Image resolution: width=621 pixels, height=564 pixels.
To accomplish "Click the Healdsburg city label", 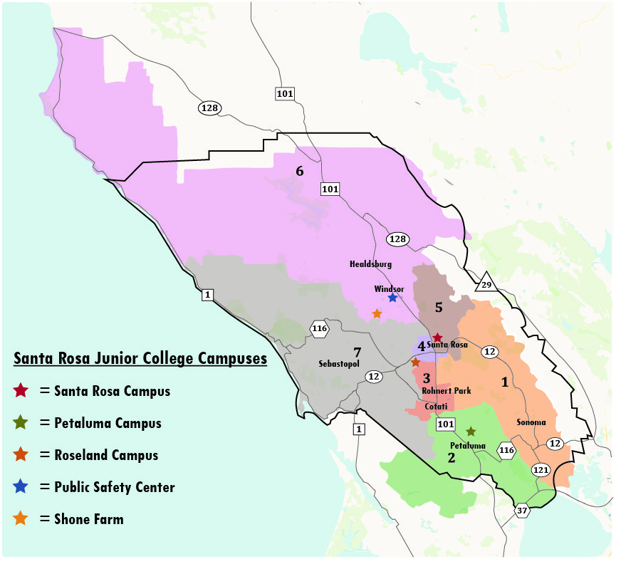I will pos(370,264).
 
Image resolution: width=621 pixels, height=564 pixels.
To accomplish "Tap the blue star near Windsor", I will pos(392,298).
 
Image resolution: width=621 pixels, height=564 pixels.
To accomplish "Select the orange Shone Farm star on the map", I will pos(377,313).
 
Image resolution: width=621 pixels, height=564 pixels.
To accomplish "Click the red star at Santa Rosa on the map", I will pos(438,338).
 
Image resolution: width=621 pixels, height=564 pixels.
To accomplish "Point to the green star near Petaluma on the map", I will pos(471,432).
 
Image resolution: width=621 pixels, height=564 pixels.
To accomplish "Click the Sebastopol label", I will pos(339,363).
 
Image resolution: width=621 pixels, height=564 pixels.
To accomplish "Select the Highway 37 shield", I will pos(523,510).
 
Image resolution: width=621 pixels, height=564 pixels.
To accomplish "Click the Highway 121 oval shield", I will pos(541,470).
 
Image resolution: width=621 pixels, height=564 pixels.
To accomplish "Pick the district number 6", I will pos(300,171).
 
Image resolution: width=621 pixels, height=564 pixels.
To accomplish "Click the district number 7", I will pos(358,351).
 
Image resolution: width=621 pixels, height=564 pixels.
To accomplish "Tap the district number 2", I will pos(450,457).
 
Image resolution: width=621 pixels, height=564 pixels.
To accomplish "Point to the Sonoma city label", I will pos(531,422).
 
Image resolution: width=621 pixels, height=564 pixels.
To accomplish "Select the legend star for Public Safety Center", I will pos(21,486).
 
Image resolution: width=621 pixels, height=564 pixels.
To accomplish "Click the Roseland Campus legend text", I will pos(106,455).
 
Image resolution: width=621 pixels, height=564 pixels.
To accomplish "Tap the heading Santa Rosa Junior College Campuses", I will pos(140,358).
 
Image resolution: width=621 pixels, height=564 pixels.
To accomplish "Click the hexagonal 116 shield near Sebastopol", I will pos(319,328).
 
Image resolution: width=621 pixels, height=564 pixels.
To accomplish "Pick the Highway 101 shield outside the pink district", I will pos(285,93).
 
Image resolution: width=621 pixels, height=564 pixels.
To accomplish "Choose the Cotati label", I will pos(436,407).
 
